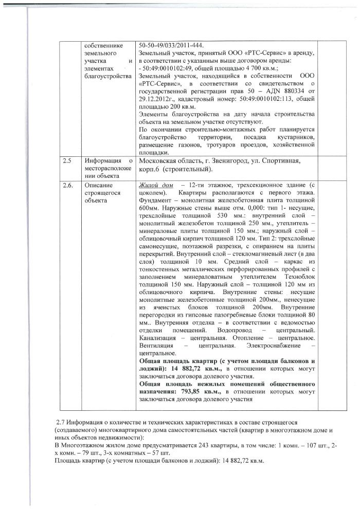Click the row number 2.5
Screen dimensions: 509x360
[x=67, y=160]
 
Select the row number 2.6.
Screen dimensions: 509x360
[x=67, y=185]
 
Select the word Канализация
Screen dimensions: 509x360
[x=160, y=337]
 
